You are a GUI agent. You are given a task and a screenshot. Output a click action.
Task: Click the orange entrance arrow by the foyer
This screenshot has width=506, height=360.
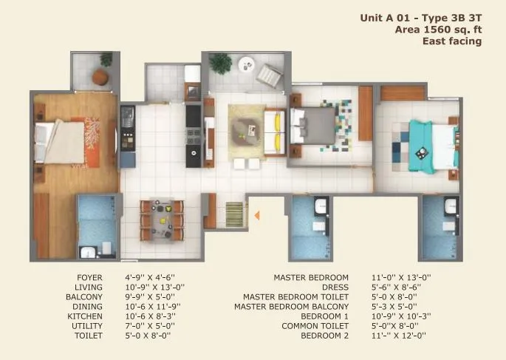point(256,216)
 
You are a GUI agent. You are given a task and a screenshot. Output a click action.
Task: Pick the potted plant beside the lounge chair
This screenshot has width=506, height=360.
point(220,64)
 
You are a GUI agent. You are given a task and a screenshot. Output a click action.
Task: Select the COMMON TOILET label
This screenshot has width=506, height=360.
point(315,326)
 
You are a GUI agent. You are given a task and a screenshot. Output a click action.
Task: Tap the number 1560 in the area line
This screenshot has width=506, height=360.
point(431,29)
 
